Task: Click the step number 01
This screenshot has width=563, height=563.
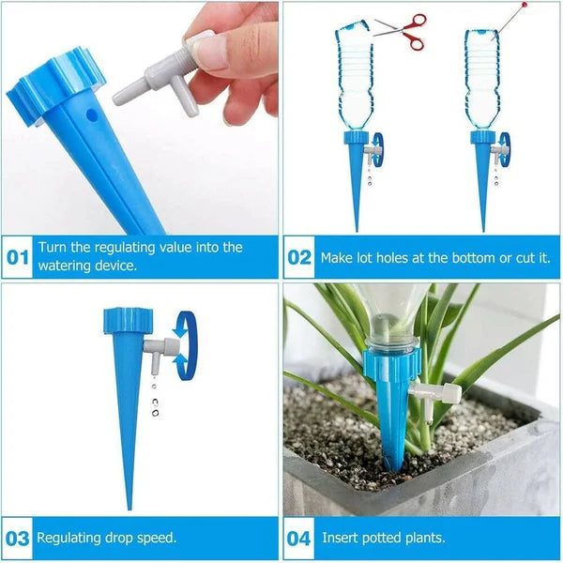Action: pos(18,257)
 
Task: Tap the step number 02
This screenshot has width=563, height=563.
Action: pos(298,257)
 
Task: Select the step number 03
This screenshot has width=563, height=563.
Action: pos(18,538)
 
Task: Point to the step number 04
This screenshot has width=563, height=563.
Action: pos(298,538)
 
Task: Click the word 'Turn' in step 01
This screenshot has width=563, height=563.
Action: pos(53,248)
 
